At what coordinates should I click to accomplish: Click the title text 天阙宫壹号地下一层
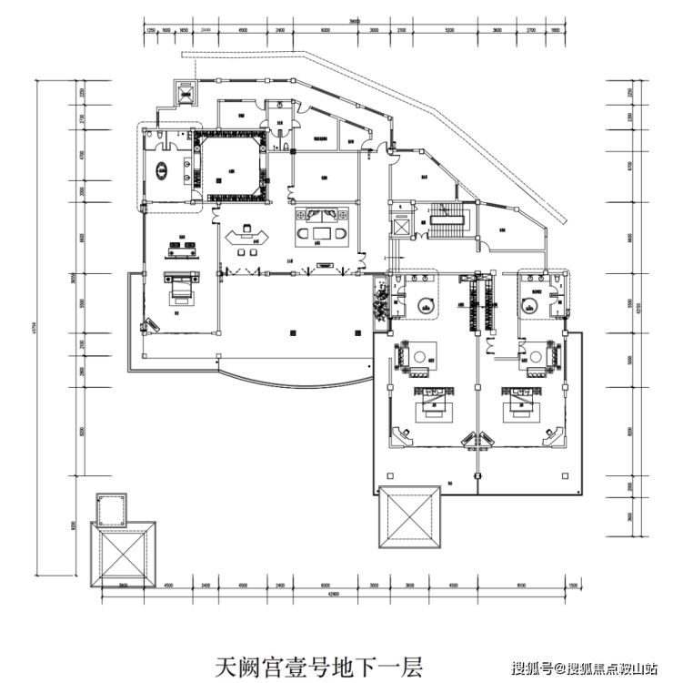pos(318,666)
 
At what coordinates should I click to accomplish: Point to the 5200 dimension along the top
pos(449,29)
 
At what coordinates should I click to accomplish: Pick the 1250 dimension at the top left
pos(152,29)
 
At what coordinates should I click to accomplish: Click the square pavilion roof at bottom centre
pos(408,516)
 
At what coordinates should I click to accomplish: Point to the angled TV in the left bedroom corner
pos(148,323)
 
